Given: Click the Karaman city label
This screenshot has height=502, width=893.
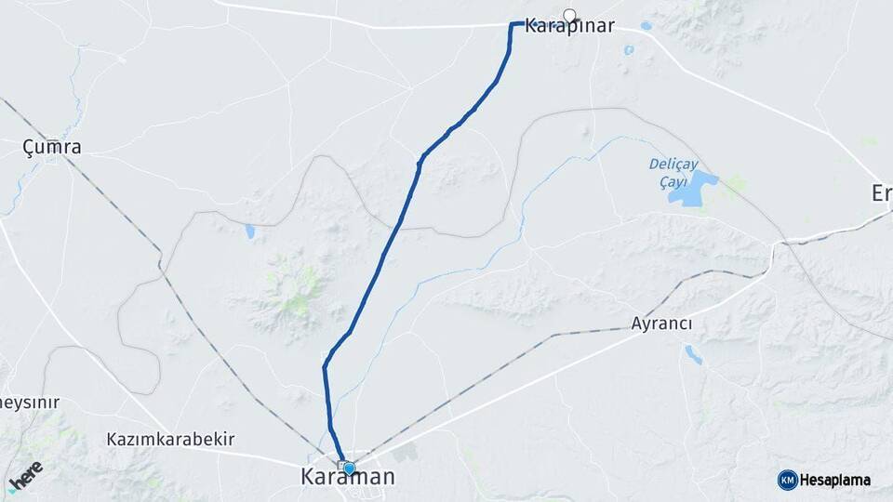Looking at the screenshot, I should (347, 478).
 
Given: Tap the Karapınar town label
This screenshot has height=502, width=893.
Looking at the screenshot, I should (569, 27).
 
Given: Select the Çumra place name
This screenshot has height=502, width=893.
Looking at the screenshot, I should (52, 147).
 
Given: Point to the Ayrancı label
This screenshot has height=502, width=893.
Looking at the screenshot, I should (661, 324).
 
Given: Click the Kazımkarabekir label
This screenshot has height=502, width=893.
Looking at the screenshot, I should (170, 439).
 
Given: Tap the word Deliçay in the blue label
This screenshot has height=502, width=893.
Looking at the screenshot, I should (673, 164).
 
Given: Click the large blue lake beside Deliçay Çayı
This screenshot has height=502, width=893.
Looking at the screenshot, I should (694, 189).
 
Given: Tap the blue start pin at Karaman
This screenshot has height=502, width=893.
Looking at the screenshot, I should (350, 469).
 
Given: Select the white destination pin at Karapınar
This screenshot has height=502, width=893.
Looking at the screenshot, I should (569, 14).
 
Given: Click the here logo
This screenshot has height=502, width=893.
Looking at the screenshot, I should (25, 474).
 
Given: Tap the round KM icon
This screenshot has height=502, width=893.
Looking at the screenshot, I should (787, 480).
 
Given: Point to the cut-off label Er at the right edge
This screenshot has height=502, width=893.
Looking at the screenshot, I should (881, 193).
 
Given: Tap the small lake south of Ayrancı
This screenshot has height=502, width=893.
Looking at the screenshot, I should (694, 353).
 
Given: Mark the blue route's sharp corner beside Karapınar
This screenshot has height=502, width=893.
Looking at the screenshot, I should (512, 24).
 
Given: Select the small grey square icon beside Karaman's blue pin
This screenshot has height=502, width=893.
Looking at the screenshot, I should (341, 466).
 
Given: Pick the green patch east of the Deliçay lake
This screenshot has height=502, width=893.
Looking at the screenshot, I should (735, 183).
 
